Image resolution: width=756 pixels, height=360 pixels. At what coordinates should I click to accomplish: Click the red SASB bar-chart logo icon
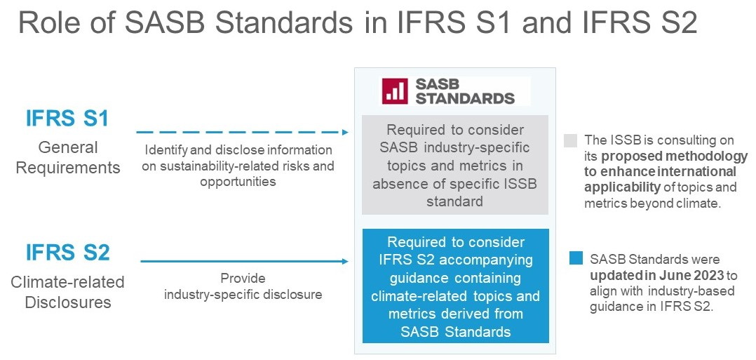pyautogui.click(x=395, y=91)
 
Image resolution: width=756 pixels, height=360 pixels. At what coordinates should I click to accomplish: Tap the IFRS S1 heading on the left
pyautogui.click(x=67, y=119)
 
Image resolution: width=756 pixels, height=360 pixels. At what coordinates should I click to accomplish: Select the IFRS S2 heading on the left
pyautogui.click(x=67, y=253)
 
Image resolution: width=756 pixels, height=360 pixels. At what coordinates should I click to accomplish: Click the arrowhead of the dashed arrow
pyautogui.click(x=345, y=132)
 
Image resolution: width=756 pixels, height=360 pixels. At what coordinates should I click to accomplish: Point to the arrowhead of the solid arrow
pyautogui.click(x=345, y=262)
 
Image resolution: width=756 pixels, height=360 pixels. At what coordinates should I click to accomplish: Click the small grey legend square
pyautogui.click(x=570, y=140)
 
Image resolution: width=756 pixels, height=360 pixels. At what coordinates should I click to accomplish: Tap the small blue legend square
pyautogui.click(x=576, y=258)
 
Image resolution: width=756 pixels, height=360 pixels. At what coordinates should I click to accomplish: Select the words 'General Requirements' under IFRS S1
pyautogui.click(x=67, y=157)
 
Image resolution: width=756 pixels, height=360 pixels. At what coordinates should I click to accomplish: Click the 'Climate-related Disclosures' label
pyautogui.click(x=67, y=292)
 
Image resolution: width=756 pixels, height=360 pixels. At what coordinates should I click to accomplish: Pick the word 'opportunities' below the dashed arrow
pyautogui.click(x=238, y=182)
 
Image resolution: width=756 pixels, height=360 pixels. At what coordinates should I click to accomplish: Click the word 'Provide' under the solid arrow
pyautogui.click(x=243, y=279)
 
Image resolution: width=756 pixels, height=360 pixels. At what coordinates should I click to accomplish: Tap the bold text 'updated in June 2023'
pyautogui.click(x=656, y=276)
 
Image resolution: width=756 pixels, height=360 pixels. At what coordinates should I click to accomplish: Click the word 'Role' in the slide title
pyautogui.click(x=54, y=24)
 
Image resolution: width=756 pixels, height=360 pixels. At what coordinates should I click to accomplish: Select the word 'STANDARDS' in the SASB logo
pyautogui.click(x=465, y=98)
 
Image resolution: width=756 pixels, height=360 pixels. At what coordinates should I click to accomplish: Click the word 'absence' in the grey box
pyautogui.click(x=397, y=184)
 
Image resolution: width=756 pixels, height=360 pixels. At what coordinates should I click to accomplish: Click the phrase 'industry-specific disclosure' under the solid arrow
pyautogui.click(x=243, y=294)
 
